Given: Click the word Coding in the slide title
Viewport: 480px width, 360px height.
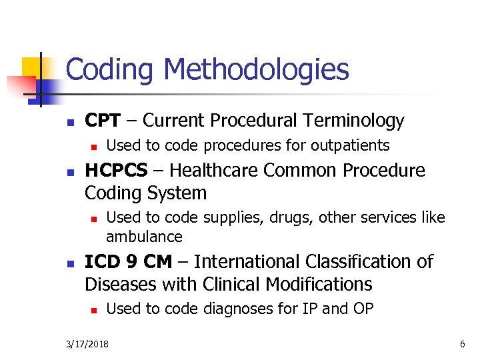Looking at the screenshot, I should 111,69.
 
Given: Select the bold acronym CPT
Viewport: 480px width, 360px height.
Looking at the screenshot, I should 103,121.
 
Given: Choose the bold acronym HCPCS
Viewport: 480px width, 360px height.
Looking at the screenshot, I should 116,171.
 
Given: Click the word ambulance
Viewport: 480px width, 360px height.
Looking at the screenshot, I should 144,237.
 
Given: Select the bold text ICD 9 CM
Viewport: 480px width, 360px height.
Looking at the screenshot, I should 128,261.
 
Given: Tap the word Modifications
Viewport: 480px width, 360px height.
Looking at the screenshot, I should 318,284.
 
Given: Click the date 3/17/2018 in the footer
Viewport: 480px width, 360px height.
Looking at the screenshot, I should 89,344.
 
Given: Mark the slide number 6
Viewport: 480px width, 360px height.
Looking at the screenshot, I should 462,344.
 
